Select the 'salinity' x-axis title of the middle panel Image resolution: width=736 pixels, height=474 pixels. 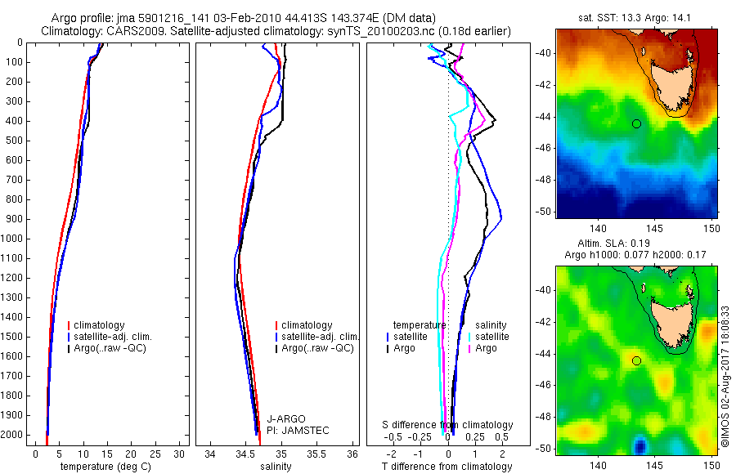(x=277, y=467)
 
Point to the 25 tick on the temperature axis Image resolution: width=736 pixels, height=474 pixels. (x=155, y=454)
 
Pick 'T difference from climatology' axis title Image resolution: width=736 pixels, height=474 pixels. (x=447, y=467)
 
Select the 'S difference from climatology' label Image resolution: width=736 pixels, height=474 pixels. (x=448, y=425)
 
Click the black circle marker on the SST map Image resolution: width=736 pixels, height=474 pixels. (x=636, y=123)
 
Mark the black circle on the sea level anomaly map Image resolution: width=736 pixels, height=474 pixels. (x=636, y=360)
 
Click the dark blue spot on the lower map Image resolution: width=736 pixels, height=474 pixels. (x=640, y=445)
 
